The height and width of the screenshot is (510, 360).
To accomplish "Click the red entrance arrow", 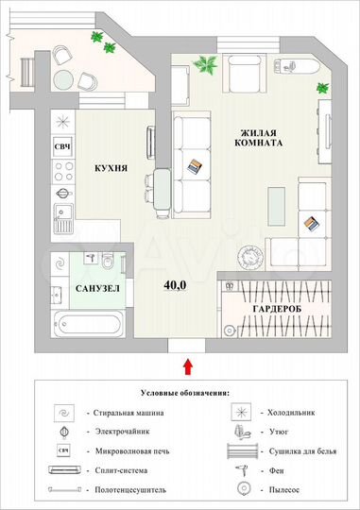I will click(187, 365).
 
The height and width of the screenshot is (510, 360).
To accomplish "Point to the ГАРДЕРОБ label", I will click(278, 310).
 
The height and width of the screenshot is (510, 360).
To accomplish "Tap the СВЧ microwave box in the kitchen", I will click(63, 146).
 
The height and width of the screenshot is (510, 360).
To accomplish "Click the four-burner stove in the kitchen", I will click(63, 173).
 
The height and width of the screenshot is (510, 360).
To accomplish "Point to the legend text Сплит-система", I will click(114, 469).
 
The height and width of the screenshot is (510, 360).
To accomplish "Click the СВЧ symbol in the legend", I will click(65, 450).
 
